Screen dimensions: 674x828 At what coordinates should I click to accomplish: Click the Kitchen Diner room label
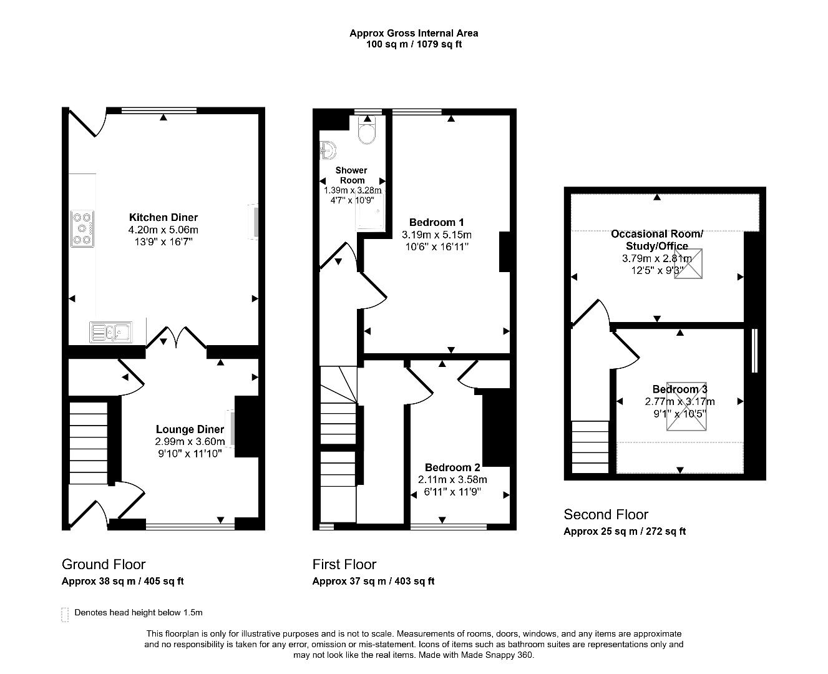tap(163, 217)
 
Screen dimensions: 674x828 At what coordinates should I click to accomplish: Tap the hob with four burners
tap(82, 228)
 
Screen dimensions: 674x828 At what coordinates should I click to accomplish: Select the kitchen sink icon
tap(110, 332)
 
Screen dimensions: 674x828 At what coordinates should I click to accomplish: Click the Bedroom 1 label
tap(436, 222)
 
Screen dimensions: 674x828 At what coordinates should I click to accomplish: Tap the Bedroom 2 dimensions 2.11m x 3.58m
tap(452, 479)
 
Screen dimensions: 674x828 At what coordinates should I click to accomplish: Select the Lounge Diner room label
tap(189, 429)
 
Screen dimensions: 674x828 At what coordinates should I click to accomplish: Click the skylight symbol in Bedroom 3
tap(687, 406)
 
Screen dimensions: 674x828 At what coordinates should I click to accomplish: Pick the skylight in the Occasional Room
tap(688, 263)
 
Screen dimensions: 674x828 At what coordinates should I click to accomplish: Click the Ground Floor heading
tap(104, 564)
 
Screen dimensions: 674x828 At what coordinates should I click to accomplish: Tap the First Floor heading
tap(344, 564)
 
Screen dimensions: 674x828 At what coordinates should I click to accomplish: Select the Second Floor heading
tap(606, 514)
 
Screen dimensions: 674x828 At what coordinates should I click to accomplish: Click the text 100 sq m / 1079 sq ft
tap(414, 44)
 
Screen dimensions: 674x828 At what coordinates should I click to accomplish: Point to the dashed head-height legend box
tap(65, 614)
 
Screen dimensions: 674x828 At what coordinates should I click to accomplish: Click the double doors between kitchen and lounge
tap(177, 337)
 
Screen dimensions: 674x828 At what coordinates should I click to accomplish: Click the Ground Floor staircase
tap(87, 443)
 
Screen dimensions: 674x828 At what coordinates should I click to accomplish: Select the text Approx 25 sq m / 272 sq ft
tap(625, 532)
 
